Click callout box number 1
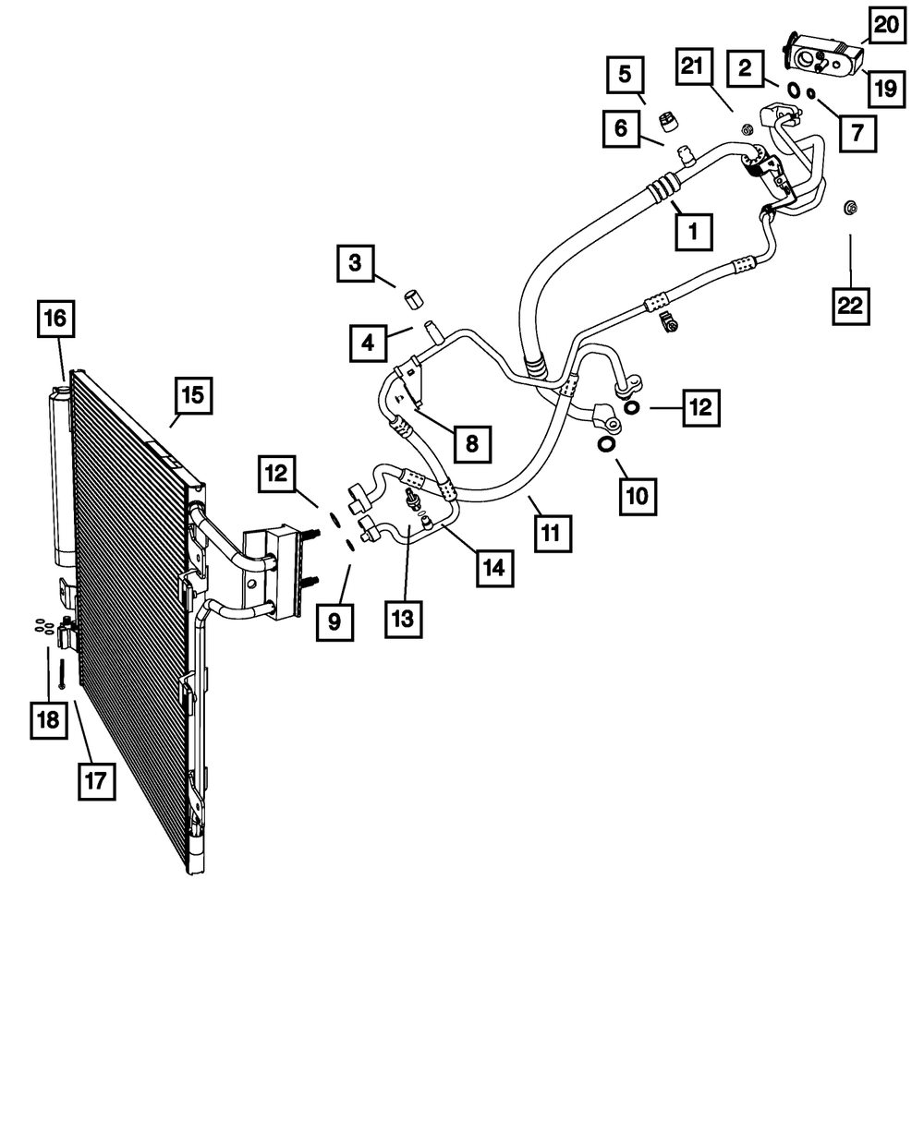tap(693, 232)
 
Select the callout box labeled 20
tap(885, 26)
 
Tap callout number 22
tap(850, 306)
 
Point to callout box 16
tap(55, 319)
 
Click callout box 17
tap(96, 781)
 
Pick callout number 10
tap(638, 496)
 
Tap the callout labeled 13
tap(404, 617)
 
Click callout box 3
tap(355, 264)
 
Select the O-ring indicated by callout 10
tap(605, 445)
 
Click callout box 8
tap(471, 443)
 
